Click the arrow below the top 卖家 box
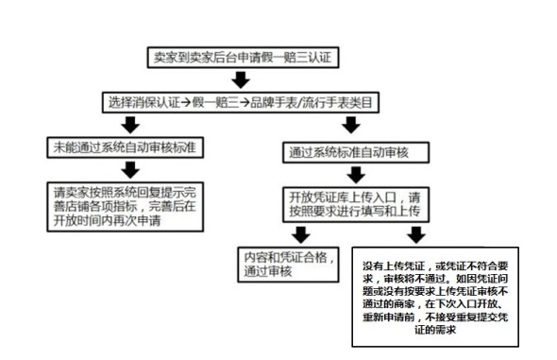point(240,79)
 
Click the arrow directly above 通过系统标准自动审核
point(350,124)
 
